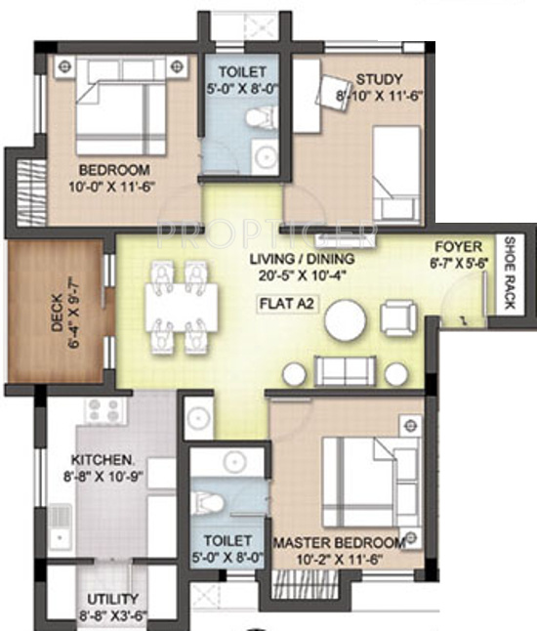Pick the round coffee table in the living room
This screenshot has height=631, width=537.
[x=346, y=320]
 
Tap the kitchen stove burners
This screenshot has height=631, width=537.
[x=104, y=411]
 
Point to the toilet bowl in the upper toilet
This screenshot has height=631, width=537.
[x=258, y=118]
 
